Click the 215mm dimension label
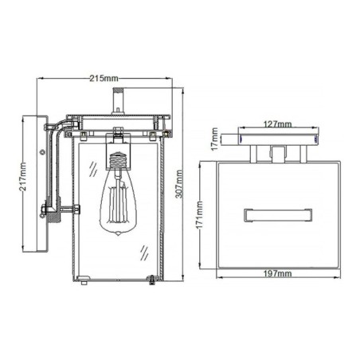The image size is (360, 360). [x=104, y=79]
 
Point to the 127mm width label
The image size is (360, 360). [x=278, y=124]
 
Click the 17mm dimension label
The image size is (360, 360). [x=214, y=143]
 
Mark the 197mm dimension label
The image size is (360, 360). [x=276, y=273]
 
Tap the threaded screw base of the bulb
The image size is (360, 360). [x=118, y=162]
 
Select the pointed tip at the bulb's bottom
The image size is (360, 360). [x=118, y=233]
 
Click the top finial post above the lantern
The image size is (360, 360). [x=119, y=101]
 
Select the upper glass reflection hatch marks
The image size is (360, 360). [x=94, y=169]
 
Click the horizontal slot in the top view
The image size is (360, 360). [x=276, y=213]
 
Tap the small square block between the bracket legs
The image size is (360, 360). [x=276, y=152]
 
